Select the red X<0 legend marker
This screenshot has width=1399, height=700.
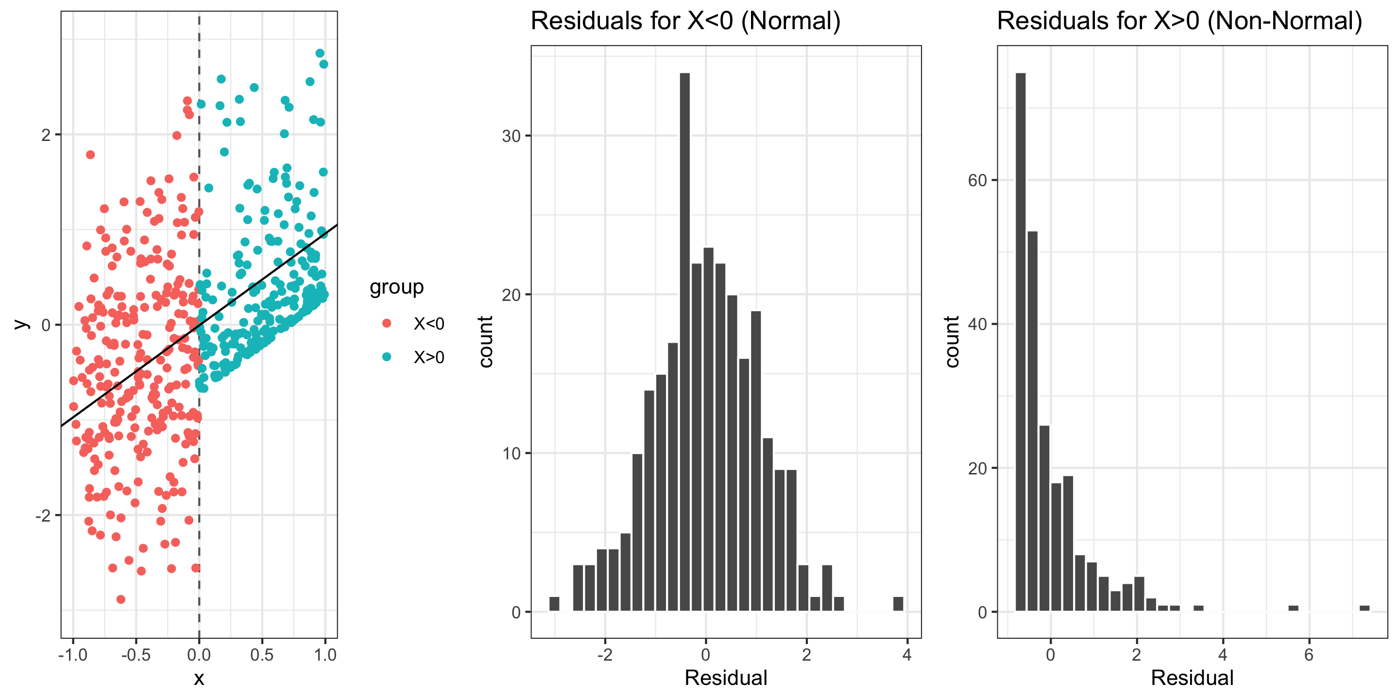387,323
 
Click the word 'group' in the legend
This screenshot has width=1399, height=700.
396,287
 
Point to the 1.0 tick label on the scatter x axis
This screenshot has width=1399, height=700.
325,655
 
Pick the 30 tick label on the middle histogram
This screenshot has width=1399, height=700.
511,136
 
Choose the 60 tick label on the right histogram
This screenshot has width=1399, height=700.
977,180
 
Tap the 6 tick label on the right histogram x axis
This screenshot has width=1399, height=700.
1308,655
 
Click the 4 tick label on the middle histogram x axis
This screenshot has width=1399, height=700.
907,655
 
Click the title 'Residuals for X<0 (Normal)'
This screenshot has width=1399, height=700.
685,22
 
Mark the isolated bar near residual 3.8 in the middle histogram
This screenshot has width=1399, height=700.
898,604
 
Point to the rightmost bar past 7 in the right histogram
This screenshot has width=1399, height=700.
1364,608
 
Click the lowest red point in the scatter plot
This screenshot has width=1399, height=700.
120,599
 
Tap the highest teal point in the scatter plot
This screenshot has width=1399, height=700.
320,53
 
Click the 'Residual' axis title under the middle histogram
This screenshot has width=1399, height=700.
726,678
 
